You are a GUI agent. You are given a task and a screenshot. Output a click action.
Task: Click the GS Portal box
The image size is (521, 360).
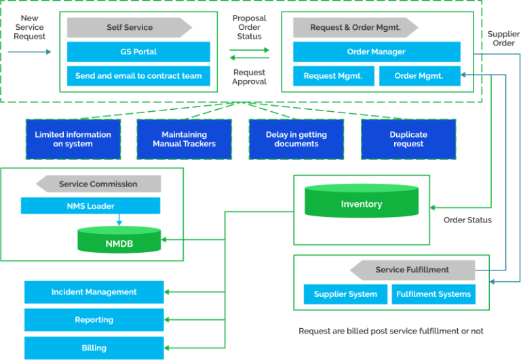point(138,52)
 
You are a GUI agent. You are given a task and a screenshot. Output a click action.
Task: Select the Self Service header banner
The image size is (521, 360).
point(129,28)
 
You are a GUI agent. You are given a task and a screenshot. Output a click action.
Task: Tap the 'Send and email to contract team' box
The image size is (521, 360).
point(138,76)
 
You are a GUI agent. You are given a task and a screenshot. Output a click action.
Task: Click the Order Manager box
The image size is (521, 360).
point(376,52)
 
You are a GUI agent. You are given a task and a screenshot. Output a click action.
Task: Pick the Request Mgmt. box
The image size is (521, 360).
point(332,76)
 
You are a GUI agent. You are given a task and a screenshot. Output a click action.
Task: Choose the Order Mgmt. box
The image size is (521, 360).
point(419,76)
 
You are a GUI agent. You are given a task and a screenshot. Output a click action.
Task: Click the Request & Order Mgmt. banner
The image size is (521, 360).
point(355,28)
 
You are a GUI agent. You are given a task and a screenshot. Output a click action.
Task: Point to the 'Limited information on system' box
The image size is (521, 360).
point(73,139)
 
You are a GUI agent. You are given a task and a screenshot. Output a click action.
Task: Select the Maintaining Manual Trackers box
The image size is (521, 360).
point(185,139)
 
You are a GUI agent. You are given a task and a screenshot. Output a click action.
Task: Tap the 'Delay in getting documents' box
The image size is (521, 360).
point(296,139)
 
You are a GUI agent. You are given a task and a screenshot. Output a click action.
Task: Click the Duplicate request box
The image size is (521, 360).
point(408,139)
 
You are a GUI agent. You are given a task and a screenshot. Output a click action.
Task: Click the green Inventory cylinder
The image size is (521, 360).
point(361,205)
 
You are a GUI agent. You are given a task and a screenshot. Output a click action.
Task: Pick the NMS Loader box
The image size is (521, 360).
point(90,206)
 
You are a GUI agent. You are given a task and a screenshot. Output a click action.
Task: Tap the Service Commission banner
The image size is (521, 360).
point(98,184)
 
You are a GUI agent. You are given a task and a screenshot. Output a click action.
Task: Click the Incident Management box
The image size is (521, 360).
point(94,292)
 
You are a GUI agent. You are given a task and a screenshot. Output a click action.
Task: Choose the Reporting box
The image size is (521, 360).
point(94,320)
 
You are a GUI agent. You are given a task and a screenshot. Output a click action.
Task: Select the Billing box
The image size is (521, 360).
point(94,348)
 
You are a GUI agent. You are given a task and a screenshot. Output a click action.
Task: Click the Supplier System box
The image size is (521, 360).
point(345,294)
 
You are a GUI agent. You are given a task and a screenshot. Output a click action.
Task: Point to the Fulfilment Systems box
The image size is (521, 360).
point(433,294)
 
